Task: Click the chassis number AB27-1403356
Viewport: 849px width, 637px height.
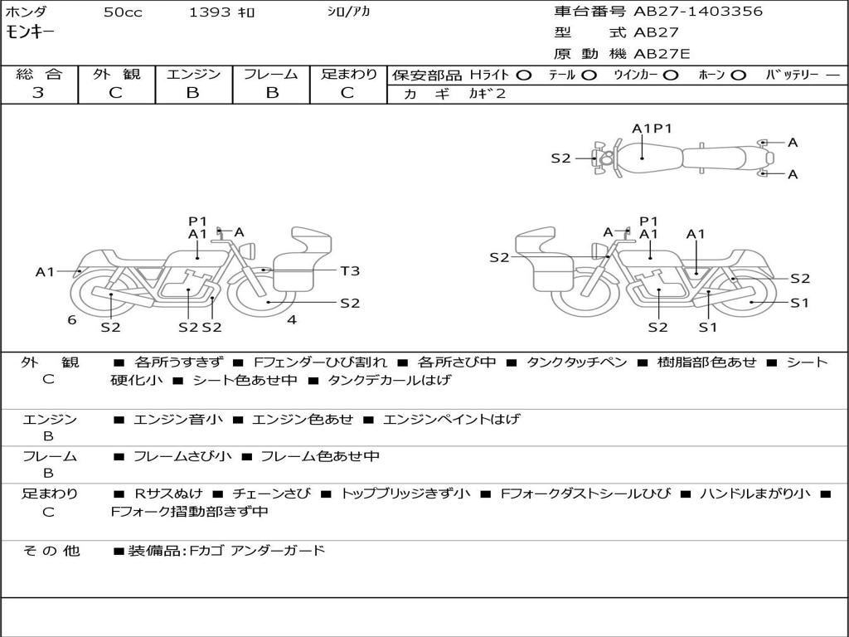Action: [698, 12]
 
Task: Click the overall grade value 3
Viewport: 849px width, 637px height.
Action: [38, 93]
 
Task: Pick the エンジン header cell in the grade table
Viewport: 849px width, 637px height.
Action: [193, 75]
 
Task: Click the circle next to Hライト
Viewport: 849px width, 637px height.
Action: [523, 75]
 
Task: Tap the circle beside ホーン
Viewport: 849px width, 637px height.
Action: [738, 75]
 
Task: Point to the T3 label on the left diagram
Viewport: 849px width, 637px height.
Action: [350, 270]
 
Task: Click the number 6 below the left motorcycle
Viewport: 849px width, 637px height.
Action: [72, 319]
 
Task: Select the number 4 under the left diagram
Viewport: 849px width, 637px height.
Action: [291, 319]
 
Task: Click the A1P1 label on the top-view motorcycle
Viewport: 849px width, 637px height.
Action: [652, 129]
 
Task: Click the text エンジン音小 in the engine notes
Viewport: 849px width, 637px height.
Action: [178, 420]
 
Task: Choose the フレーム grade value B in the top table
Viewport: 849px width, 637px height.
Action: [271, 93]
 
